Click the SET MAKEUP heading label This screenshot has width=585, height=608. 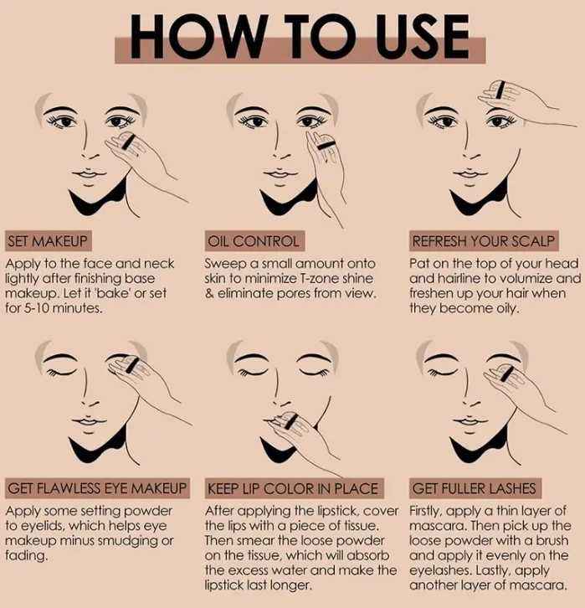(x=48, y=241)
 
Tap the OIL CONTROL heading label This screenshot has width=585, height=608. (x=254, y=241)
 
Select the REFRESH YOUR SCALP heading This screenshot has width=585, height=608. (x=484, y=241)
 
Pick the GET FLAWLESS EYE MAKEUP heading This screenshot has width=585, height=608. (x=97, y=488)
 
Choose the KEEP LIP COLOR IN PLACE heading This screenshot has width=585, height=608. (x=294, y=488)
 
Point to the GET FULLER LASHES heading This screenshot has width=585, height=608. (x=475, y=488)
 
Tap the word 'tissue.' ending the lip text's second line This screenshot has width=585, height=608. (x=361, y=526)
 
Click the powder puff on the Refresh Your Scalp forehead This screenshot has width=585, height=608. (x=500, y=90)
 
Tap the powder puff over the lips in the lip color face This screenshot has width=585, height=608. (x=287, y=420)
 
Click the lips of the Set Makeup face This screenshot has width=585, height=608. (x=89, y=174)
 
